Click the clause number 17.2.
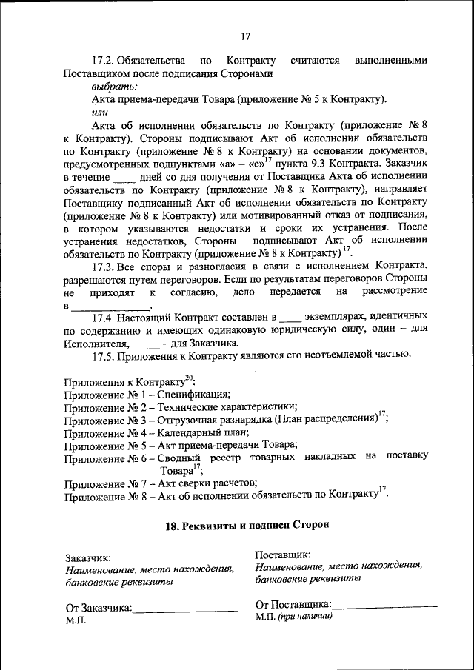[104, 60]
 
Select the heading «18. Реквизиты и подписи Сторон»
[246, 524]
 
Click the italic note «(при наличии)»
[305, 617]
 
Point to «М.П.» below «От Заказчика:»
[76, 621]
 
